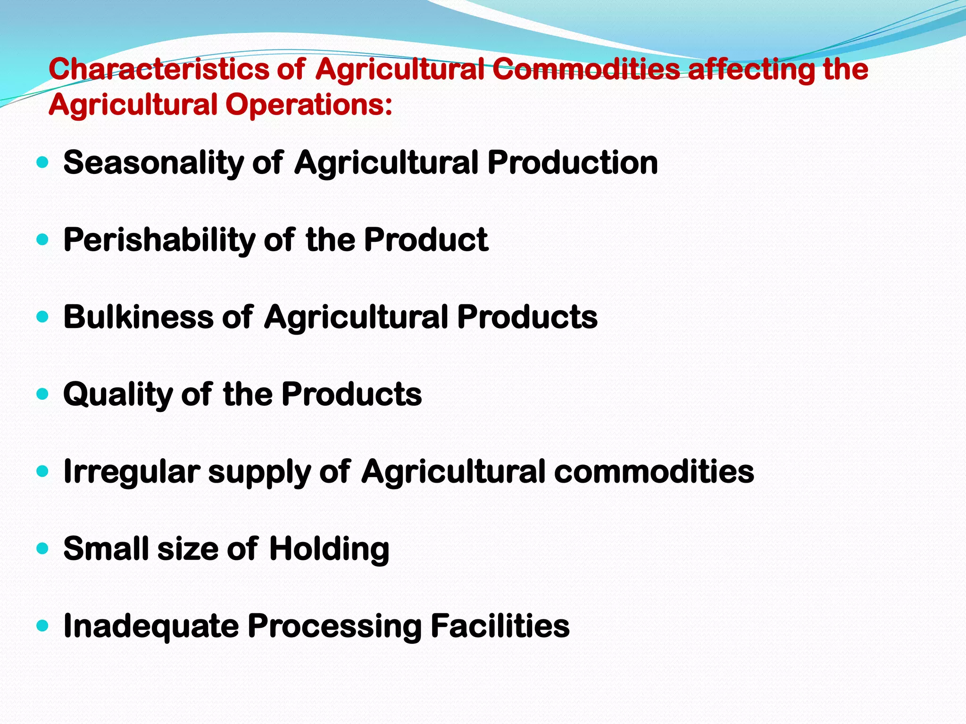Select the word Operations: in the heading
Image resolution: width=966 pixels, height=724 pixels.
coord(308,105)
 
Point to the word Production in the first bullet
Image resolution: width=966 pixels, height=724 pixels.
coord(572,163)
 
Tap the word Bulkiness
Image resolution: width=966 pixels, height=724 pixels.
coord(138,317)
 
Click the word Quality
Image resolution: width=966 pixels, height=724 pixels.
coord(118,395)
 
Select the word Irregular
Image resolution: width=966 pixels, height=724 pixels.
coord(132,471)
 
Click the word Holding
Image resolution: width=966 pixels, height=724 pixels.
coord(329,549)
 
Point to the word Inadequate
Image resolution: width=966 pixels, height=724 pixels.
coord(151,626)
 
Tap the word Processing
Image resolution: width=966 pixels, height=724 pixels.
coord(334,626)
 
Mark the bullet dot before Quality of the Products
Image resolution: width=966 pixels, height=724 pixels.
coord(42,394)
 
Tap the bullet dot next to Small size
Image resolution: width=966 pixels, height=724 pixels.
coord(42,549)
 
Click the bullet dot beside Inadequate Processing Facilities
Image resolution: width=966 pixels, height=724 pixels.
coord(42,626)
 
